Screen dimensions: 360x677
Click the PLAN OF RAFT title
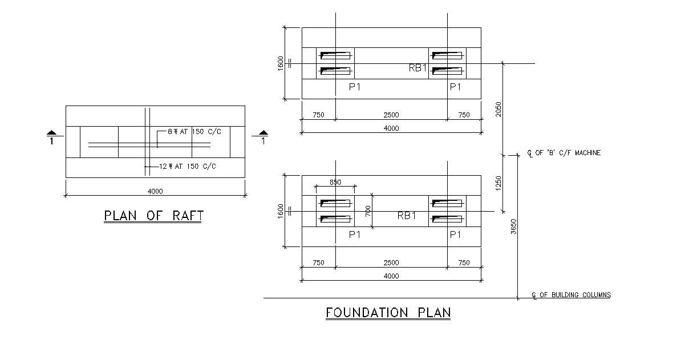pyautogui.click(x=154, y=216)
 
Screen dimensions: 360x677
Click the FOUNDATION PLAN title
pyautogui.click(x=388, y=313)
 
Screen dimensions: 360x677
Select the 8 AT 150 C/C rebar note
pyautogui.click(x=193, y=131)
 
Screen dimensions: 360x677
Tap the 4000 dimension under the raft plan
pyautogui.click(x=155, y=191)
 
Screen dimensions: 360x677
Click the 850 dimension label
pyautogui.click(x=335, y=182)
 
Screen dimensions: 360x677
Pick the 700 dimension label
pyautogui.click(x=368, y=211)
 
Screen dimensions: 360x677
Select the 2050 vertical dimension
pyautogui.click(x=498, y=109)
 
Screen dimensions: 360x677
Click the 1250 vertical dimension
pyautogui.click(x=498, y=183)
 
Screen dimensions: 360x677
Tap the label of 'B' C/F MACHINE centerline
pyautogui.click(x=564, y=153)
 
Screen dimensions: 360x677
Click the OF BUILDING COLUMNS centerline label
pyautogui.click(x=571, y=295)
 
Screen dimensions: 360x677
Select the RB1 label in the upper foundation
pyautogui.click(x=417, y=68)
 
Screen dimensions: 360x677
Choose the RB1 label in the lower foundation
pyautogui.click(x=406, y=216)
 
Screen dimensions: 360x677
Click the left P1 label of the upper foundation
pyautogui.click(x=355, y=87)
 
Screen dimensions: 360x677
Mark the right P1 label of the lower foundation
pyautogui.click(x=455, y=234)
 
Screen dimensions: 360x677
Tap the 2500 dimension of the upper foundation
pyautogui.click(x=391, y=115)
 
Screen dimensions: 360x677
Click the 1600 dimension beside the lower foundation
pyautogui.click(x=280, y=211)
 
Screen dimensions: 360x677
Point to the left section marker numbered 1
pyautogui.click(x=51, y=137)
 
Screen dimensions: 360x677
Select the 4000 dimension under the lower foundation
pyautogui.click(x=391, y=276)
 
